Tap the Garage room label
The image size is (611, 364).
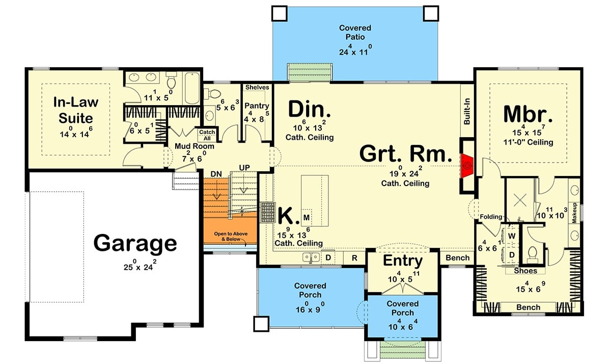[135, 243]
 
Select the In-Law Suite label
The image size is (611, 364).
[76, 110]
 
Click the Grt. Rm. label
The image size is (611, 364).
[406, 153]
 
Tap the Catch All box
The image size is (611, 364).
[207, 135]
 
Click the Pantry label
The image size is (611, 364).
[257, 106]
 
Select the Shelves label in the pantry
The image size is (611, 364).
[257, 88]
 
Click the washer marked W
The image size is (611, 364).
[512, 236]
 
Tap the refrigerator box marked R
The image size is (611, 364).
[354, 258]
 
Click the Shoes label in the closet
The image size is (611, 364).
[525, 271]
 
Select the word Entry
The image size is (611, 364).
[402, 261]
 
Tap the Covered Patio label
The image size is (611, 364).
[355, 32]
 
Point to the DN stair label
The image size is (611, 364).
[217, 174]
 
